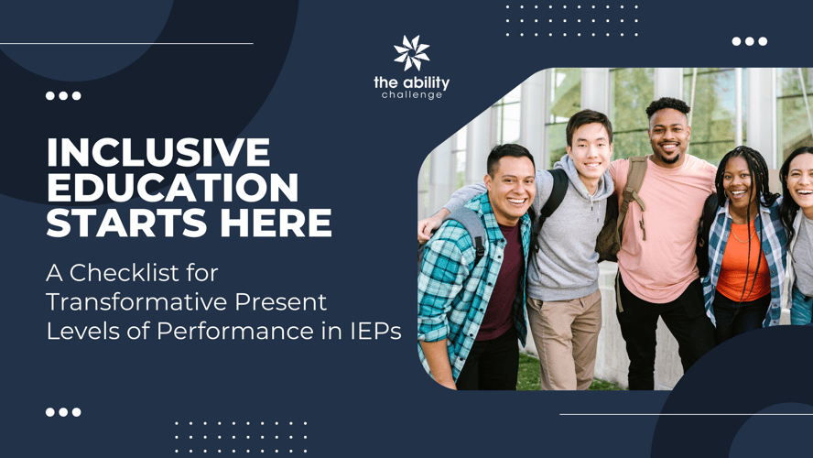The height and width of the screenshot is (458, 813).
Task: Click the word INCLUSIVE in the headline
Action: [x=158, y=152]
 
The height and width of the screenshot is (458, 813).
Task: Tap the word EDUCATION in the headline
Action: [x=173, y=187]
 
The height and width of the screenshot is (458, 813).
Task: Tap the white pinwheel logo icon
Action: [x=412, y=53]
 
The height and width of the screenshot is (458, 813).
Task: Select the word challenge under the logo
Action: [x=412, y=95]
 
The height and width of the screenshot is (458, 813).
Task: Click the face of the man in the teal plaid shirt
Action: [x=510, y=183]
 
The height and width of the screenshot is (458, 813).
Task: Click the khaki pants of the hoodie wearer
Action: [x=564, y=337]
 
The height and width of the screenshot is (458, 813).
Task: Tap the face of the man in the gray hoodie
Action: [x=591, y=147]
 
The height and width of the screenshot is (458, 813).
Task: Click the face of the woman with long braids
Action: [x=737, y=181]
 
